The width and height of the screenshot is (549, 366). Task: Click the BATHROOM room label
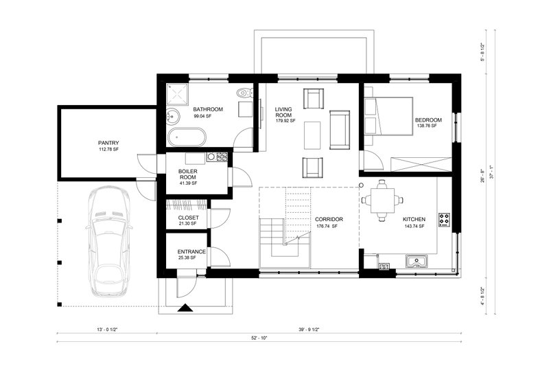click(x=207, y=109)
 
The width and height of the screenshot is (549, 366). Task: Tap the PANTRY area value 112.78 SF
click(x=108, y=150)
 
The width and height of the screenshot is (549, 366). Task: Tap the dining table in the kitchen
click(x=384, y=200)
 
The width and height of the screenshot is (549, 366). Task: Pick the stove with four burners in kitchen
click(x=444, y=220)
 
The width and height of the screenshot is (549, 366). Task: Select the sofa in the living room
click(x=340, y=129)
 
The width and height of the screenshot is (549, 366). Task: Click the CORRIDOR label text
click(x=329, y=220)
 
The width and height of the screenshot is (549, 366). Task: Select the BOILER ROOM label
click(x=188, y=174)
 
